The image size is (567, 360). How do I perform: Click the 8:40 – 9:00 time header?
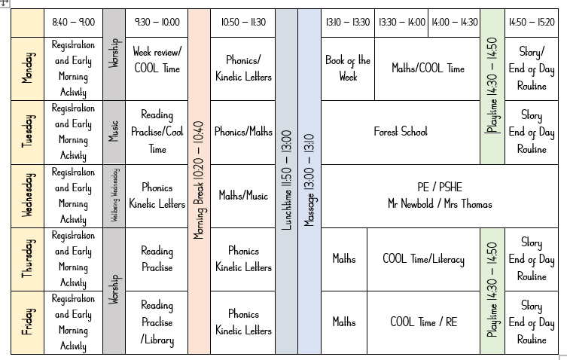tap(73, 23)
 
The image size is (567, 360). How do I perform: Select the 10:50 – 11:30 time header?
tap(242, 23)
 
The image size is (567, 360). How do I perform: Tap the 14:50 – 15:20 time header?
tap(532, 23)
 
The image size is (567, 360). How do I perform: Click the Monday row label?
tap(27, 69)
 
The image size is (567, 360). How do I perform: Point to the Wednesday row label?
tap(27, 196)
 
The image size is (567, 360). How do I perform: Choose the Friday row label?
tap(27, 322)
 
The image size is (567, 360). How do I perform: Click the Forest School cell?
tap(400, 132)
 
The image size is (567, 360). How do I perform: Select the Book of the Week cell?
tap(347, 69)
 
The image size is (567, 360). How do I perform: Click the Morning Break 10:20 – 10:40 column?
tap(199, 181)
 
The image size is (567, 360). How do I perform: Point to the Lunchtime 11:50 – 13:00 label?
tap(286, 181)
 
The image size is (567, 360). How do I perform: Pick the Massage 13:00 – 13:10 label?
tap(309, 181)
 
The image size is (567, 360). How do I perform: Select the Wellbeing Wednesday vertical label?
tap(114, 196)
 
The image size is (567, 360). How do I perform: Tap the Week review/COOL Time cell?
tap(157, 60)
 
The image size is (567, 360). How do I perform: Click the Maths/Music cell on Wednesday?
tap(242, 196)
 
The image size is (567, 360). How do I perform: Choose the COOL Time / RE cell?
tap(423, 322)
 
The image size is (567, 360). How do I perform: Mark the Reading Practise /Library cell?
tap(157, 322)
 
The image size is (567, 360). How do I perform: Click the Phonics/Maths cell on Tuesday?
tap(242, 132)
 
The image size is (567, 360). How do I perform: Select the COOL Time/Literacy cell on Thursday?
tap(423, 259)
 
